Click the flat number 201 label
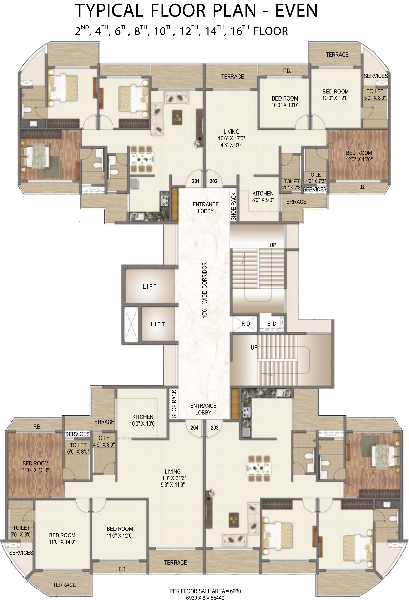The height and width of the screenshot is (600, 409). coord(195,181)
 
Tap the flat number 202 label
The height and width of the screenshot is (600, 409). coord(213,181)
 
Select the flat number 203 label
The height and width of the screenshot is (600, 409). coord(215,427)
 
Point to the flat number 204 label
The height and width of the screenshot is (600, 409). coord(194,427)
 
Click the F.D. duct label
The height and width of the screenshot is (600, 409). coord(246,324)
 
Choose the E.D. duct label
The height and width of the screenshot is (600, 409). coord(272,324)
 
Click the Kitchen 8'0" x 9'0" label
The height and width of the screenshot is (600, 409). coord(263,197)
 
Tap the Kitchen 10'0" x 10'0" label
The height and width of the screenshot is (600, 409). coord(143,420)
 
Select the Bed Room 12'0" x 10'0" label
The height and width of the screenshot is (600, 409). coord(359,156)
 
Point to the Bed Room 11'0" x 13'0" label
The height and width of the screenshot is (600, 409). coord(35,467)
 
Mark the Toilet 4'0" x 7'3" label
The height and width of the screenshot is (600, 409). coord(291,185)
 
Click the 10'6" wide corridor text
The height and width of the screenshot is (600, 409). coord(204,290)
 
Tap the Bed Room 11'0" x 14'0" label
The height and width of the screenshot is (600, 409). coord(62,538)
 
